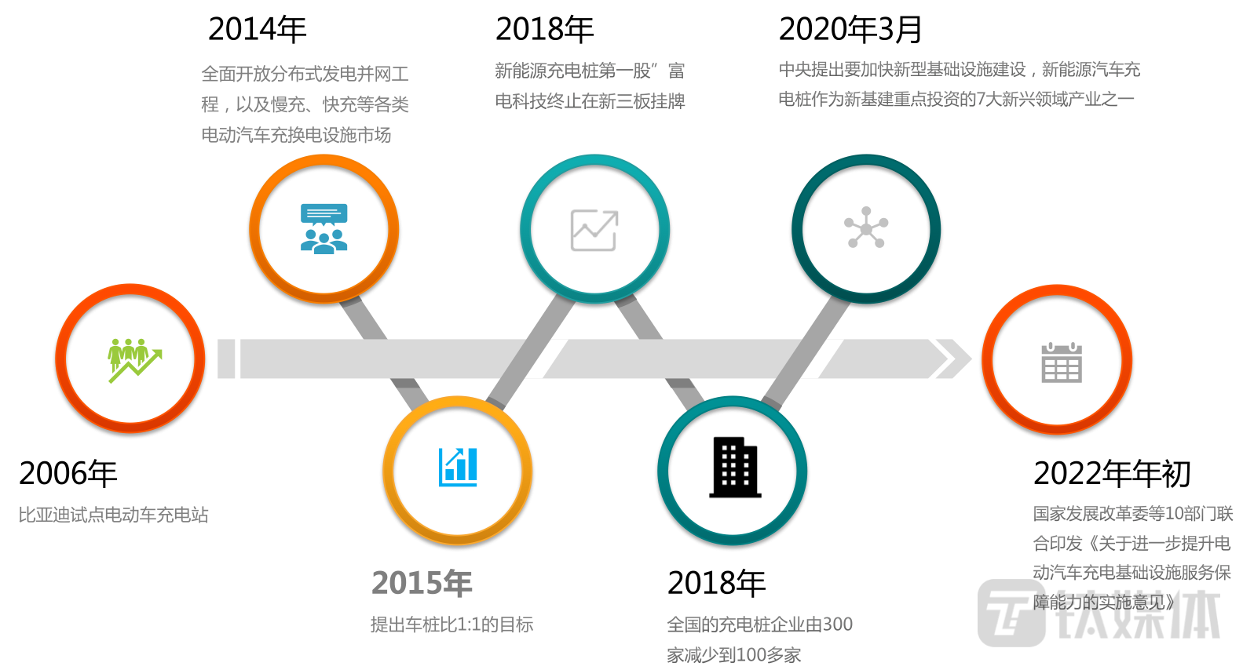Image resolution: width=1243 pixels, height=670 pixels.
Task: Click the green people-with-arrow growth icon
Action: [134, 360]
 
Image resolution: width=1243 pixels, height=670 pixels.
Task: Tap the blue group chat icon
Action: [324, 228]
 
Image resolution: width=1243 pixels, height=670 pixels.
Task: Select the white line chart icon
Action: [594, 231]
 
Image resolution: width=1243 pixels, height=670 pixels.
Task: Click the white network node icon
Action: [866, 228]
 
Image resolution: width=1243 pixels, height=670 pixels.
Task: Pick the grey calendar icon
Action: [1061, 362]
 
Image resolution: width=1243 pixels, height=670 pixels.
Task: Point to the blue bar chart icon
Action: [458, 468]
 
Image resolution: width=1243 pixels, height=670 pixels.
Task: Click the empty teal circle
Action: [732, 470]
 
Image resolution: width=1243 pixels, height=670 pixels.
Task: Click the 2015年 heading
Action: [422, 583]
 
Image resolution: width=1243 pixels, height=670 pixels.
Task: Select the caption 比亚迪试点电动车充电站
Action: [114, 515]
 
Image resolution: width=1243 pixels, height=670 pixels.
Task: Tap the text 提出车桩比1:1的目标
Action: [452, 624]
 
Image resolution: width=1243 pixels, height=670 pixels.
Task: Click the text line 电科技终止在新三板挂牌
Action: [590, 101]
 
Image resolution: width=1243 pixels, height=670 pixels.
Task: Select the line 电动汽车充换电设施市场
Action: [296, 135]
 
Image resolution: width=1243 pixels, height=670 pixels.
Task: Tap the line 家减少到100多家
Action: [733, 655]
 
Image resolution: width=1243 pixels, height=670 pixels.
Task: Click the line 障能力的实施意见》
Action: [1103, 603]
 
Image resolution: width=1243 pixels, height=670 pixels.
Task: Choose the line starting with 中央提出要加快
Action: [960, 70]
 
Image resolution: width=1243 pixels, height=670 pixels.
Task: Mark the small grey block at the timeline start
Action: [226, 359]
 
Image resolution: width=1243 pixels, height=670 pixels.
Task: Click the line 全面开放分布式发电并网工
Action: [305, 75]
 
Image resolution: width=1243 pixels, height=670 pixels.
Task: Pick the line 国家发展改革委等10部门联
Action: [1132, 514]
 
